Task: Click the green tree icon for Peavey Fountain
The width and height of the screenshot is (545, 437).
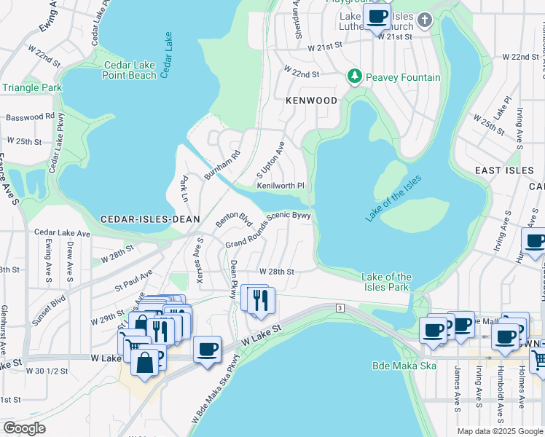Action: click(355, 76)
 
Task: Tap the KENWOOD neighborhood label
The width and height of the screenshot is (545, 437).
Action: click(312, 101)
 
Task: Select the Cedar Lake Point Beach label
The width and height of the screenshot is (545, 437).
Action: click(130, 70)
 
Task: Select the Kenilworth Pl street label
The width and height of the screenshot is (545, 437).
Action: click(280, 186)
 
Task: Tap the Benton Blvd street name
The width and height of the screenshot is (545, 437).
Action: click(233, 220)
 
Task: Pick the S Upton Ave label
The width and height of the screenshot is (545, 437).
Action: click(270, 167)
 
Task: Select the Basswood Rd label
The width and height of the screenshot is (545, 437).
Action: click(30, 117)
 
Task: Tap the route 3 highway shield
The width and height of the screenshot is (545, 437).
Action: click(340, 309)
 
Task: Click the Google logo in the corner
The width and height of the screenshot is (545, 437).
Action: click(25, 428)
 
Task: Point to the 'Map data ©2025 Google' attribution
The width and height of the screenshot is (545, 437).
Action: click(499, 431)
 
